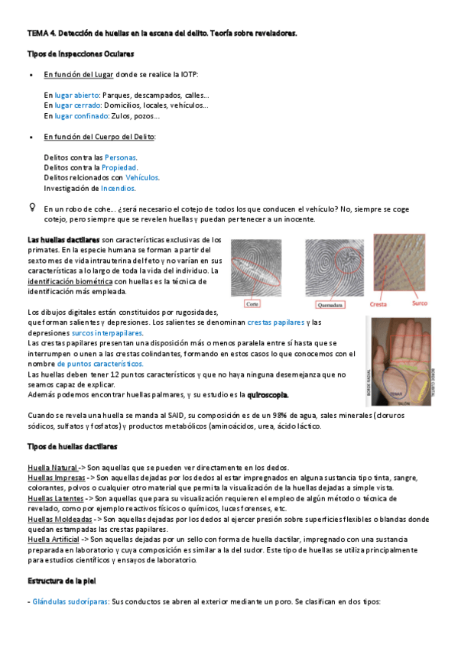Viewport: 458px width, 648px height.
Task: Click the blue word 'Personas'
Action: [x=121, y=157]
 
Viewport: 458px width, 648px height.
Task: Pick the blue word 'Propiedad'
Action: [x=121, y=167]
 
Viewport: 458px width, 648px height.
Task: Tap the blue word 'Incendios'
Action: [x=119, y=187]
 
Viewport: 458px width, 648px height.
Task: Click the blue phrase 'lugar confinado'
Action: [x=80, y=115]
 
